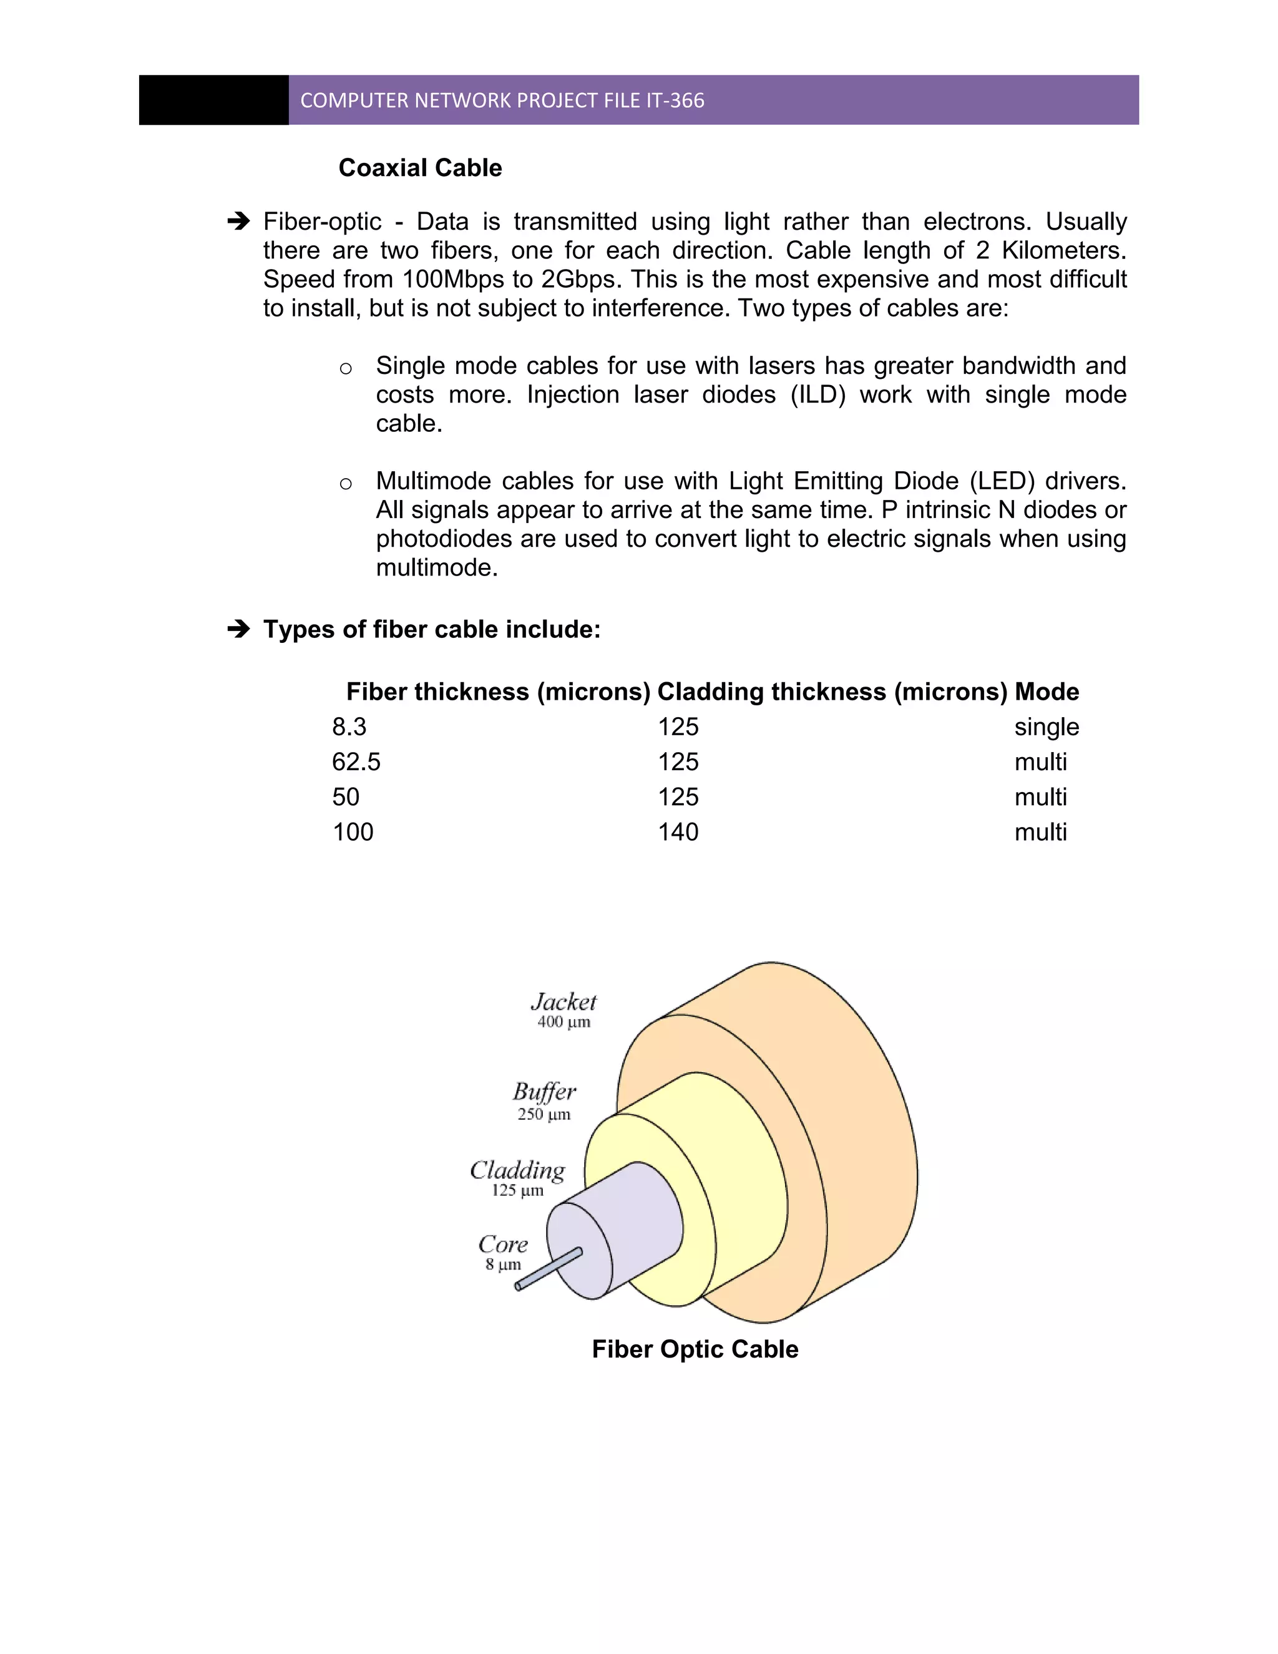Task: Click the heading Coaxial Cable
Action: pos(420,168)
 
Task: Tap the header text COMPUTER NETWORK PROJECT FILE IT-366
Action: pos(502,100)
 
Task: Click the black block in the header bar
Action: pos(213,100)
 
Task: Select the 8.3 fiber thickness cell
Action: pos(349,727)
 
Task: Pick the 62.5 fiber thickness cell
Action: pos(356,762)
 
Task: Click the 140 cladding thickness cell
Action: pos(678,832)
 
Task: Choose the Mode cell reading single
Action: pos(1046,727)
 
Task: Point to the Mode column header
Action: pos(1046,692)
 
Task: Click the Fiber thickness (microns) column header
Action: pos(498,692)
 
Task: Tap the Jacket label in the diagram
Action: pos(564,1002)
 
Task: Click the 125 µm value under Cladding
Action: pos(518,1190)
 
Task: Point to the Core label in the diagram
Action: pos(503,1245)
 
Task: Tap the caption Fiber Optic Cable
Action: pos(695,1349)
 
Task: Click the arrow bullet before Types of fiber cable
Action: pos(239,629)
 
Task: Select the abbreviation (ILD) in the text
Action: pos(817,394)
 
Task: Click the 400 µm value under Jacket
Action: pos(564,1022)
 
